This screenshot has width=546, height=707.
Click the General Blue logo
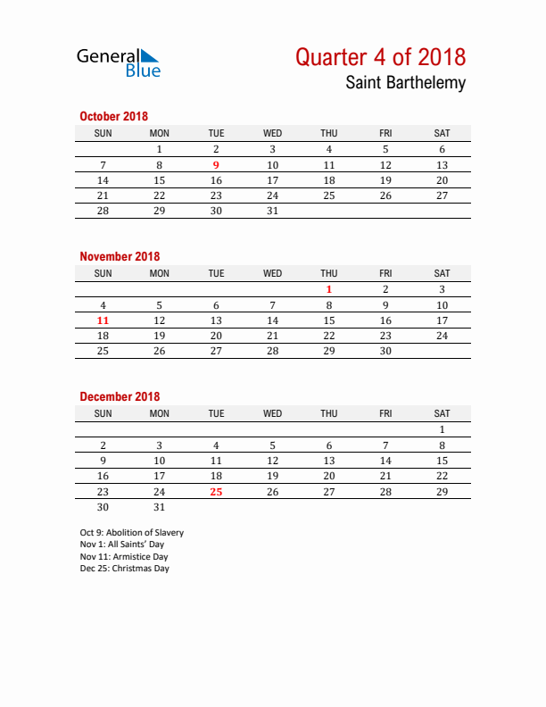coord(119,62)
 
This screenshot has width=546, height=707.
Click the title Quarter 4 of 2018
coord(380,57)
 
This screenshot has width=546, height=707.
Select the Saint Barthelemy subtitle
coord(405,84)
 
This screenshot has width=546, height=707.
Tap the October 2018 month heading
coord(113,116)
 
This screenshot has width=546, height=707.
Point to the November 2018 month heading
coord(120,256)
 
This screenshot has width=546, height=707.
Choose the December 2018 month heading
coord(120,396)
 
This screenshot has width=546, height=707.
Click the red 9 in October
coord(216,165)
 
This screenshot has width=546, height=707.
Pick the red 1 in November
coord(329,289)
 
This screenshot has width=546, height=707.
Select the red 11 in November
coord(103,320)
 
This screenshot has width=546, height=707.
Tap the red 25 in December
coord(216,491)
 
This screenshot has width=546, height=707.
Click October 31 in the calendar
coord(273,211)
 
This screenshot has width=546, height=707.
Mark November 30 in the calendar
coord(385,351)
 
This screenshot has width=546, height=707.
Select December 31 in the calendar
coord(160,506)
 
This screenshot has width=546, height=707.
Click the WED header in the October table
coord(273,133)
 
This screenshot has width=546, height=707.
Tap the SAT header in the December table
coord(442,413)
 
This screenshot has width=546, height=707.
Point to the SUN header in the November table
coord(103,273)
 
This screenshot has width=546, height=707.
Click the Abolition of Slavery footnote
coord(131,532)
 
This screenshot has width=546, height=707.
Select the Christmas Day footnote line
coord(124,568)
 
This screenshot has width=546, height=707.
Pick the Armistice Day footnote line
coord(124,556)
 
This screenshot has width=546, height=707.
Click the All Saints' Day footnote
coord(121,544)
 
